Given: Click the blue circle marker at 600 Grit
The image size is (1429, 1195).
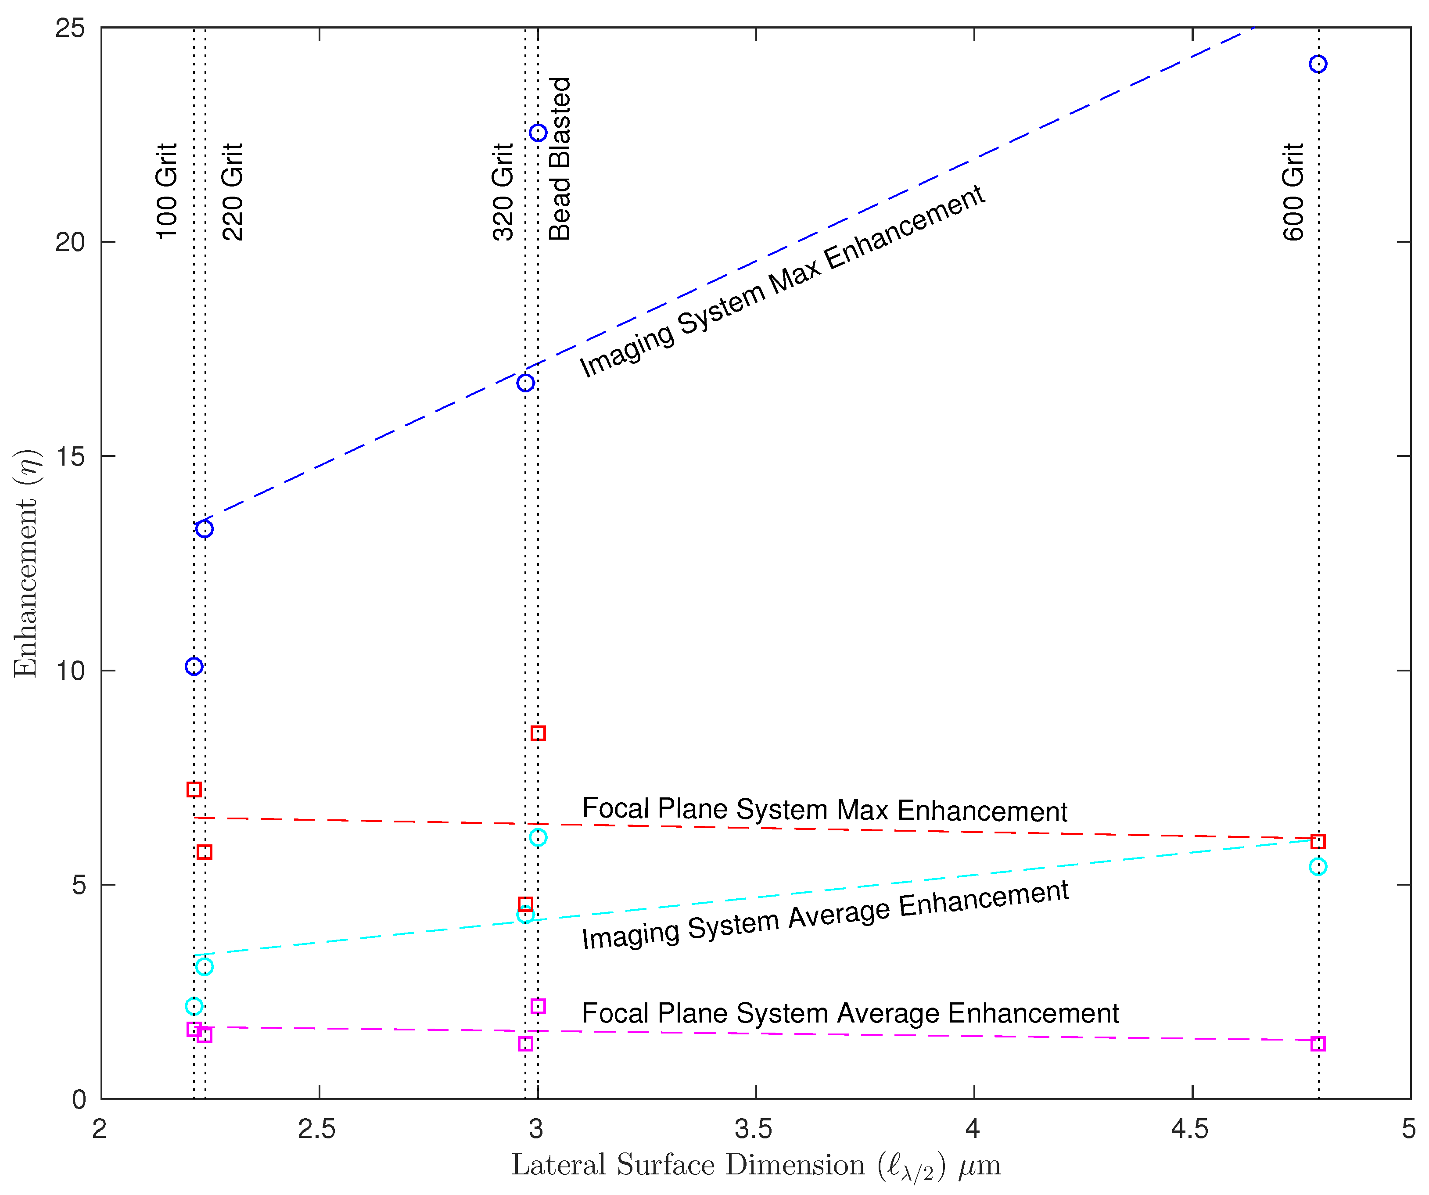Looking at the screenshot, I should pyautogui.click(x=1318, y=64).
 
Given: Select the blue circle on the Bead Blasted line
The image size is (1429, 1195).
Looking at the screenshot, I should pyautogui.click(x=538, y=132).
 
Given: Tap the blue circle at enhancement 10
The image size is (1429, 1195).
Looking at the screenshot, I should pyautogui.click(x=194, y=666).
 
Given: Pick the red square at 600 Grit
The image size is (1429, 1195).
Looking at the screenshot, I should pyautogui.click(x=1318, y=841).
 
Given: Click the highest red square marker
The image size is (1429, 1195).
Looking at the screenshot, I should pyautogui.click(x=538, y=733).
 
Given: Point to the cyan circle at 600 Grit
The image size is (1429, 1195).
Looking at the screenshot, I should pyautogui.click(x=1318, y=866).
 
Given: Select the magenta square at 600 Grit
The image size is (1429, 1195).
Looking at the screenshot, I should pyautogui.click(x=1318, y=1043).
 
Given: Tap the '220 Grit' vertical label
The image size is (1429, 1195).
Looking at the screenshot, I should pyautogui.click(x=233, y=191).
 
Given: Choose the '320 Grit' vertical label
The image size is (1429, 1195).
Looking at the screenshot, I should pyautogui.click(x=503, y=191).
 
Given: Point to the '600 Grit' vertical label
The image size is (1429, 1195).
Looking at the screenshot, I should pyautogui.click(x=1293, y=191).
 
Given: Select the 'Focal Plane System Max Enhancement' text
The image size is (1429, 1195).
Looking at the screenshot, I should pyautogui.click(x=824, y=810).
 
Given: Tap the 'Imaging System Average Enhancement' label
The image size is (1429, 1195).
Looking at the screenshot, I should pyautogui.click(x=825, y=914).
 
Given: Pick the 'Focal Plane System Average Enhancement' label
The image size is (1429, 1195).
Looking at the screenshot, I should pyautogui.click(x=850, y=1013).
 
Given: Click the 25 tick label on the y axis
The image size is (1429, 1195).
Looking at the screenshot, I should pyautogui.click(x=70, y=28).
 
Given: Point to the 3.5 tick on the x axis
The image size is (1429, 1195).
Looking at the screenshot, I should pyautogui.click(x=754, y=1129).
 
